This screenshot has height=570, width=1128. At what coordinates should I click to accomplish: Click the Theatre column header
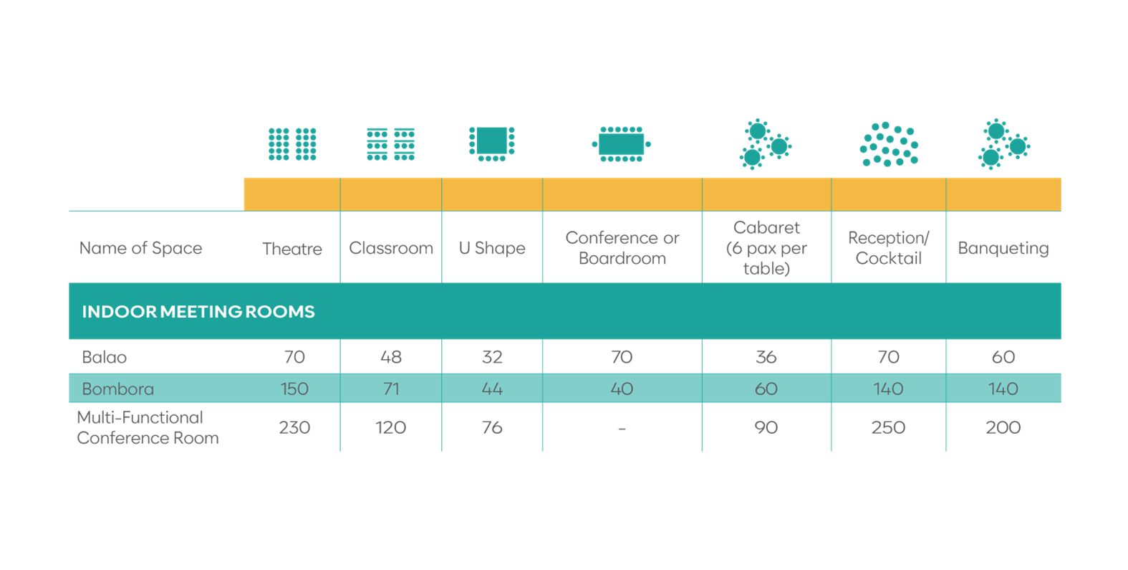[x=292, y=249]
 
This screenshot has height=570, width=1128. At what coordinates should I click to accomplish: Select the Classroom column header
[x=391, y=248]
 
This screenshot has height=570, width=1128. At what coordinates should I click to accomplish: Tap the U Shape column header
[x=492, y=248]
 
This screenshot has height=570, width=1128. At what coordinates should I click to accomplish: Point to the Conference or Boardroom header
[x=622, y=248]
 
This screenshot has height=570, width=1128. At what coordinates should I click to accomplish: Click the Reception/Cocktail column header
[x=889, y=248]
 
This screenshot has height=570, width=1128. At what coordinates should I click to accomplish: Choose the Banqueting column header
[x=1003, y=248]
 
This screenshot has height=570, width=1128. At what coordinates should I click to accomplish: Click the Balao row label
[x=105, y=357]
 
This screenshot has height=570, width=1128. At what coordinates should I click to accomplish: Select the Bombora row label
[x=118, y=389]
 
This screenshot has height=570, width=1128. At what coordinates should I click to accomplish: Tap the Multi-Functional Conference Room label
[x=148, y=428]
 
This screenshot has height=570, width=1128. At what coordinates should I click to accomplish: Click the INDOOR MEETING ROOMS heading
[x=198, y=312]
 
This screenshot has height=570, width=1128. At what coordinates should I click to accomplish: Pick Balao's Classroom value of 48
[x=391, y=357]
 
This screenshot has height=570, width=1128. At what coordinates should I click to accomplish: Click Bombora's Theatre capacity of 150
[x=294, y=389]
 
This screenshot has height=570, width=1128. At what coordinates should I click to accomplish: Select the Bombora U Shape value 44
[x=492, y=389]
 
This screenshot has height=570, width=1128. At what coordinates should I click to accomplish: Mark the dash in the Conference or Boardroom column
[x=622, y=429]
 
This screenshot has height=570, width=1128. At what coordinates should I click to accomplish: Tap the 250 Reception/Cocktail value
[x=888, y=427]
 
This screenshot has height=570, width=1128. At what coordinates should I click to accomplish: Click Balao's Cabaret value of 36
[x=766, y=357]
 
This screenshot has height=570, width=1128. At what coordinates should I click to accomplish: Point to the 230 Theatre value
[x=294, y=427]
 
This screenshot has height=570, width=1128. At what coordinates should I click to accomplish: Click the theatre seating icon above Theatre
[x=292, y=145]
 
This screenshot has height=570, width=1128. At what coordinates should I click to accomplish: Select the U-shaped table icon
[x=492, y=143]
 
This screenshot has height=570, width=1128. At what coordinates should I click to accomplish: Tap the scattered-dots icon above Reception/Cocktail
[x=889, y=144]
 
